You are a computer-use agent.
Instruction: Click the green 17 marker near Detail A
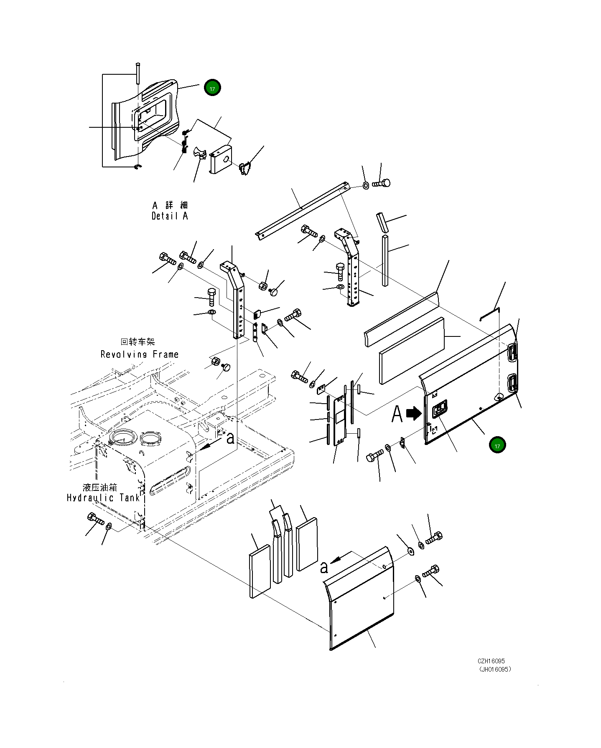pyautogui.click(x=212, y=88)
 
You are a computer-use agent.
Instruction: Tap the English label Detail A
pyautogui.click(x=170, y=216)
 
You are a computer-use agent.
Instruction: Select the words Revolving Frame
pyautogui.click(x=140, y=354)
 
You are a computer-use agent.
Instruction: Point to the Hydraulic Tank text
pyautogui.click(x=103, y=498)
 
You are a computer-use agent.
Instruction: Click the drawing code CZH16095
pyautogui.click(x=491, y=661)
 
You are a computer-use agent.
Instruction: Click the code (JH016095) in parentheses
pyautogui.click(x=495, y=669)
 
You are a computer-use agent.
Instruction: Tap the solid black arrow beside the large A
pyautogui.click(x=414, y=413)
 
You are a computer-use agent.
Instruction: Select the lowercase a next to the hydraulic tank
pyautogui.click(x=230, y=438)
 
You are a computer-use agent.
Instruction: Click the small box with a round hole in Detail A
pyautogui.click(x=221, y=158)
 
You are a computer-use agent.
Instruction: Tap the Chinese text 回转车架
pyautogui.click(x=138, y=342)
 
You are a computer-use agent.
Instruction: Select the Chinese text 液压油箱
pyautogui.click(x=100, y=487)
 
